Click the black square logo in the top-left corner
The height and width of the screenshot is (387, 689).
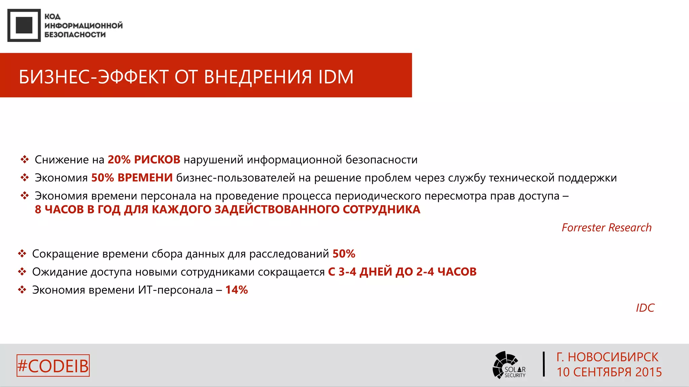24,26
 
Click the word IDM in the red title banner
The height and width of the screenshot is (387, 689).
336,77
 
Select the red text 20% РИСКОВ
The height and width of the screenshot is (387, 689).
144,160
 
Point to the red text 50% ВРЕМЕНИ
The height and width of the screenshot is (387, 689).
132,178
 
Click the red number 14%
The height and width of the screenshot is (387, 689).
237,290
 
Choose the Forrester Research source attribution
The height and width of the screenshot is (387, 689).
606,228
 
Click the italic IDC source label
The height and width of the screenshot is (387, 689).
645,308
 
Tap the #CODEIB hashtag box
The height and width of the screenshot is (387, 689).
53,366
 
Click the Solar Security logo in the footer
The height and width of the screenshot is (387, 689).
508,365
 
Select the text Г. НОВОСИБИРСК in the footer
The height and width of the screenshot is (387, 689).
607,357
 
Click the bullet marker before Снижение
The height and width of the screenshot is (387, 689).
25,160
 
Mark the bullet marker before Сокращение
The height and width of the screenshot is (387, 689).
22,254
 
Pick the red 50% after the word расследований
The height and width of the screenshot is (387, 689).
344,254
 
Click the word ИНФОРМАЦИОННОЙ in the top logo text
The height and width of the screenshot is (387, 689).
83,26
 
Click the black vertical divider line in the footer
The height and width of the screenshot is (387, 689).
544,364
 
